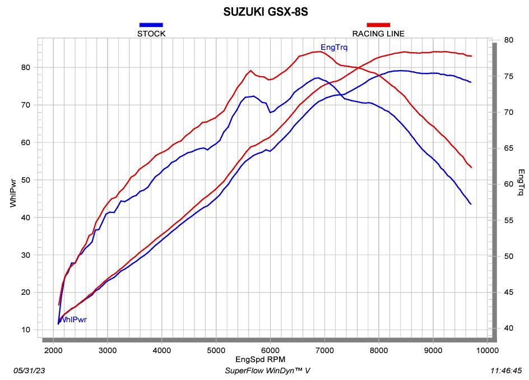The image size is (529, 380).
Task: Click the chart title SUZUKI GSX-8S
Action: tap(264, 12)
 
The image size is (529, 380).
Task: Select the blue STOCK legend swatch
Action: tap(151, 25)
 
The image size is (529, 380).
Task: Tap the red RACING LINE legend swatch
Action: tap(378, 25)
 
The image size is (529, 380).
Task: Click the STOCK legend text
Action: tap(151, 34)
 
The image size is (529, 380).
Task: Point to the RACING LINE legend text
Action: tap(378, 34)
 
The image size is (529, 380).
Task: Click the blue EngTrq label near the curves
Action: tap(333, 48)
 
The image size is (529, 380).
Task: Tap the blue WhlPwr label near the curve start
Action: tap(73, 320)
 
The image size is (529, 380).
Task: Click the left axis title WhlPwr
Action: tap(13, 193)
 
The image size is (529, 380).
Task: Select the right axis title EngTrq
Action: tap(521, 183)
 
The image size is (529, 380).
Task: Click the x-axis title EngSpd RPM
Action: tap(264, 359)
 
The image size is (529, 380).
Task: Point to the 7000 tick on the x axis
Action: tap(324, 350)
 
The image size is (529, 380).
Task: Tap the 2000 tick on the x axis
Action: tap(53, 350)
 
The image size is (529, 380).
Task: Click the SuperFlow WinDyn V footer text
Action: tap(267, 370)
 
